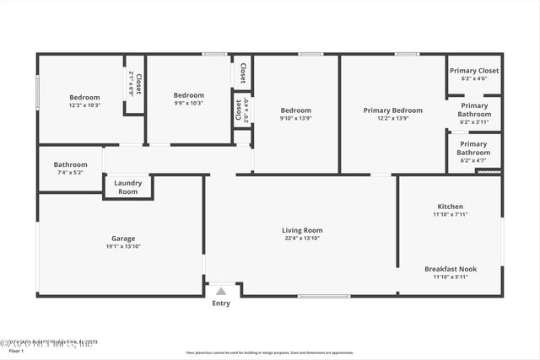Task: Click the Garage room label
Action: click(123, 238)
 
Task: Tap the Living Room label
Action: click(302, 230)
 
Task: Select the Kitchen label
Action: click(450, 207)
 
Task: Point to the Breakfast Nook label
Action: click(450, 269)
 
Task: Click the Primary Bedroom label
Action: click(392, 110)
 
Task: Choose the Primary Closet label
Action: click(474, 71)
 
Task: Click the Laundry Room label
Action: click(127, 187)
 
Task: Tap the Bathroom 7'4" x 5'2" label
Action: click(70, 164)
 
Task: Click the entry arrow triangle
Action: click(221, 291)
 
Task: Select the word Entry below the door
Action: click(221, 304)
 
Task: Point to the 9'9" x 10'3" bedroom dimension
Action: click(189, 103)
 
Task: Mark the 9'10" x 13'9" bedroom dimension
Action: click(296, 118)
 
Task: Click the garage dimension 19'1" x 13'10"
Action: click(123, 246)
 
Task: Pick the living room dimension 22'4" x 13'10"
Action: click(302, 239)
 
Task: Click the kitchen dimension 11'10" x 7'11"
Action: click(450, 215)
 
